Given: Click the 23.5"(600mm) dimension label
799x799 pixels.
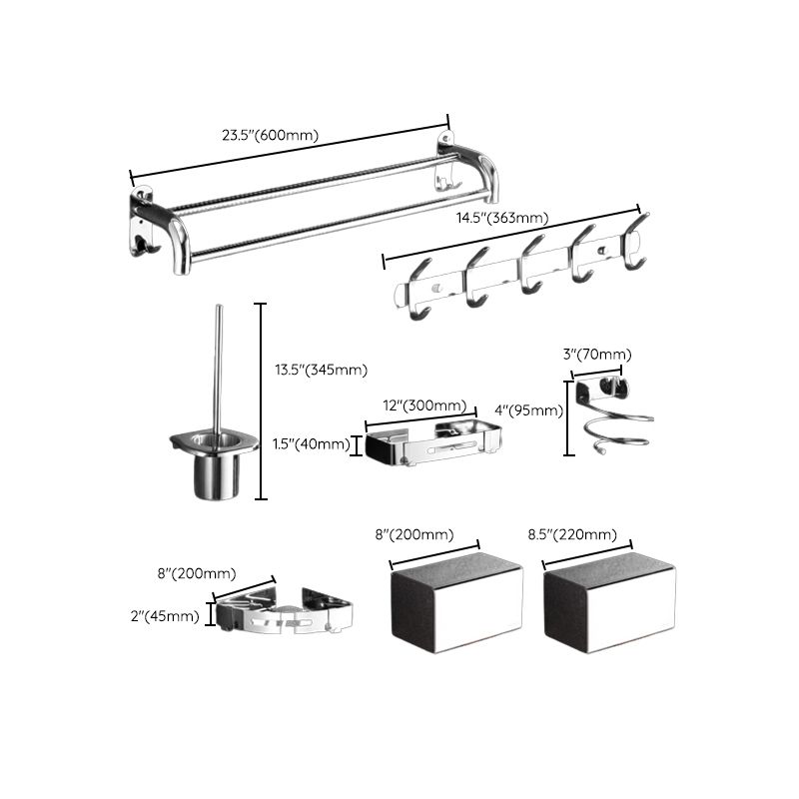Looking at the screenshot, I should pos(272,135).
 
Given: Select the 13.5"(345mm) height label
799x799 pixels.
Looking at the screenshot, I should pos(321,370).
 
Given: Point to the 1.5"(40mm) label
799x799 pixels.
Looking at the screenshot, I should pos(311,444).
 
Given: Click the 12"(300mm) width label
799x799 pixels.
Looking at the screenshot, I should pos(424,404).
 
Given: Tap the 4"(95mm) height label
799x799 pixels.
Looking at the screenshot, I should pos(529,409).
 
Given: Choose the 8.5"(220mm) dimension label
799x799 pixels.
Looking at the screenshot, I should pos(571,534).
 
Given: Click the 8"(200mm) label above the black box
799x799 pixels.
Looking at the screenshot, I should pos(414,534).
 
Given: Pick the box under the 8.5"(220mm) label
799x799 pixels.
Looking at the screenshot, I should pos(609,605).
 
